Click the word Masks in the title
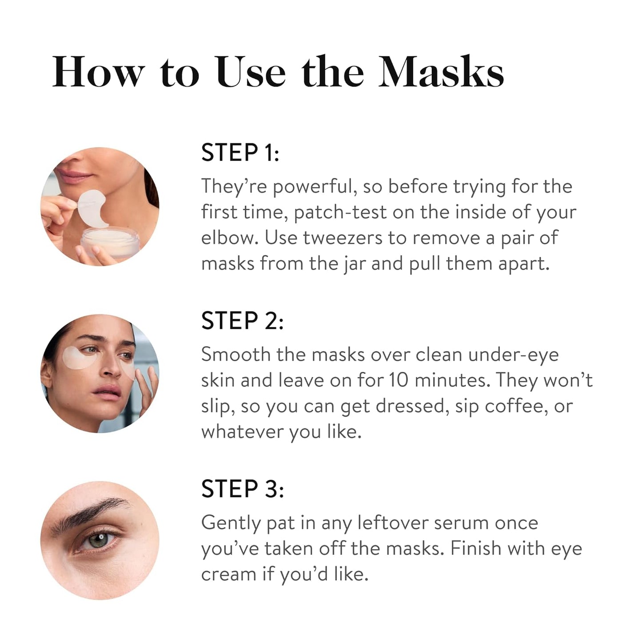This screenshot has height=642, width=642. [x=441, y=72]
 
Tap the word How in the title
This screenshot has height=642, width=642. [x=99, y=72]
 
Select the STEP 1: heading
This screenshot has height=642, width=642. [x=240, y=153]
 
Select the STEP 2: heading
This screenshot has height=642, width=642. [x=242, y=321]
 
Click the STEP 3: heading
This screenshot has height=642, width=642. [x=242, y=489]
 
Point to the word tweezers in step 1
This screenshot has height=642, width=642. [x=342, y=238]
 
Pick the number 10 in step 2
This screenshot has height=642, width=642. [x=399, y=380]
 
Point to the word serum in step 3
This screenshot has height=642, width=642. [x=461, y=523]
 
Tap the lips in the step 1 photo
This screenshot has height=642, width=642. [x=74, y=176]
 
